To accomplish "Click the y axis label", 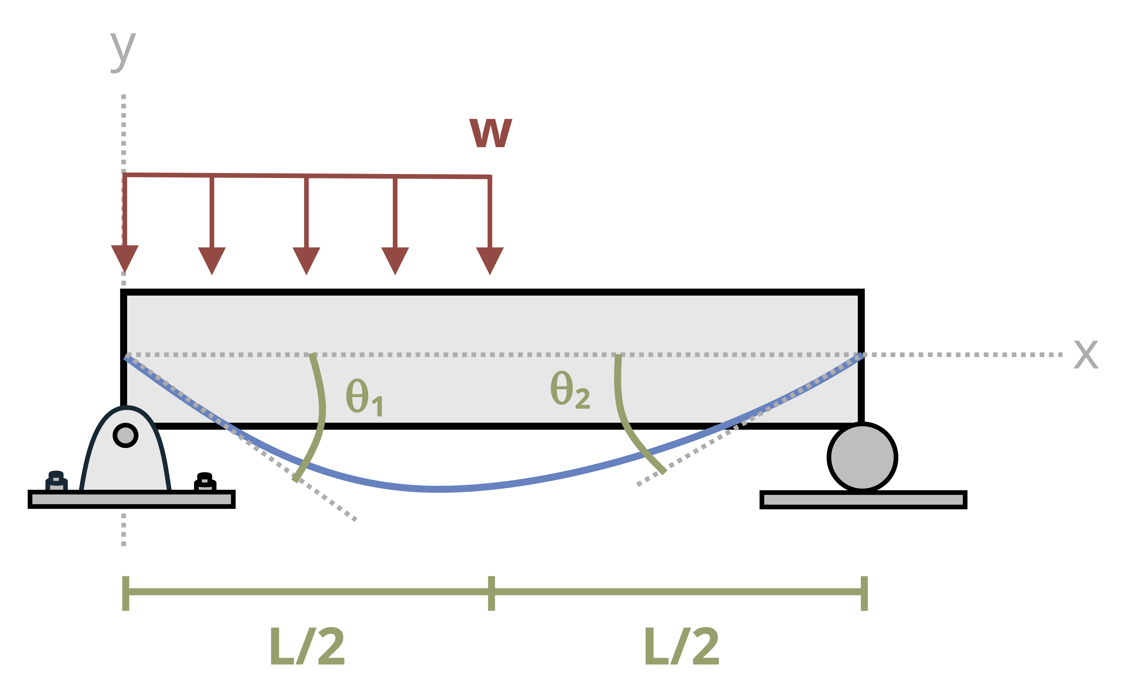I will tap(123, 52).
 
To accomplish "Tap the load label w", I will tap(491, 133).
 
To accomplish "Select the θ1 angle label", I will tap(364, 397).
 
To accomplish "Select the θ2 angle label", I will tap(570, 390).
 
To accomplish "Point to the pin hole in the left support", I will tap(125, 435).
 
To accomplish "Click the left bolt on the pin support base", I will tap(56, 482).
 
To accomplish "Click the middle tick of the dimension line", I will tap(491, 593).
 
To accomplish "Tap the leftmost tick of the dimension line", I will tap(125, 593).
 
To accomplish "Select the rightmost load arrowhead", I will tap(490, 260).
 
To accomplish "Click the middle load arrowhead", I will tap(306, 260).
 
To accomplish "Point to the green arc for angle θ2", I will tap(622, 415).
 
